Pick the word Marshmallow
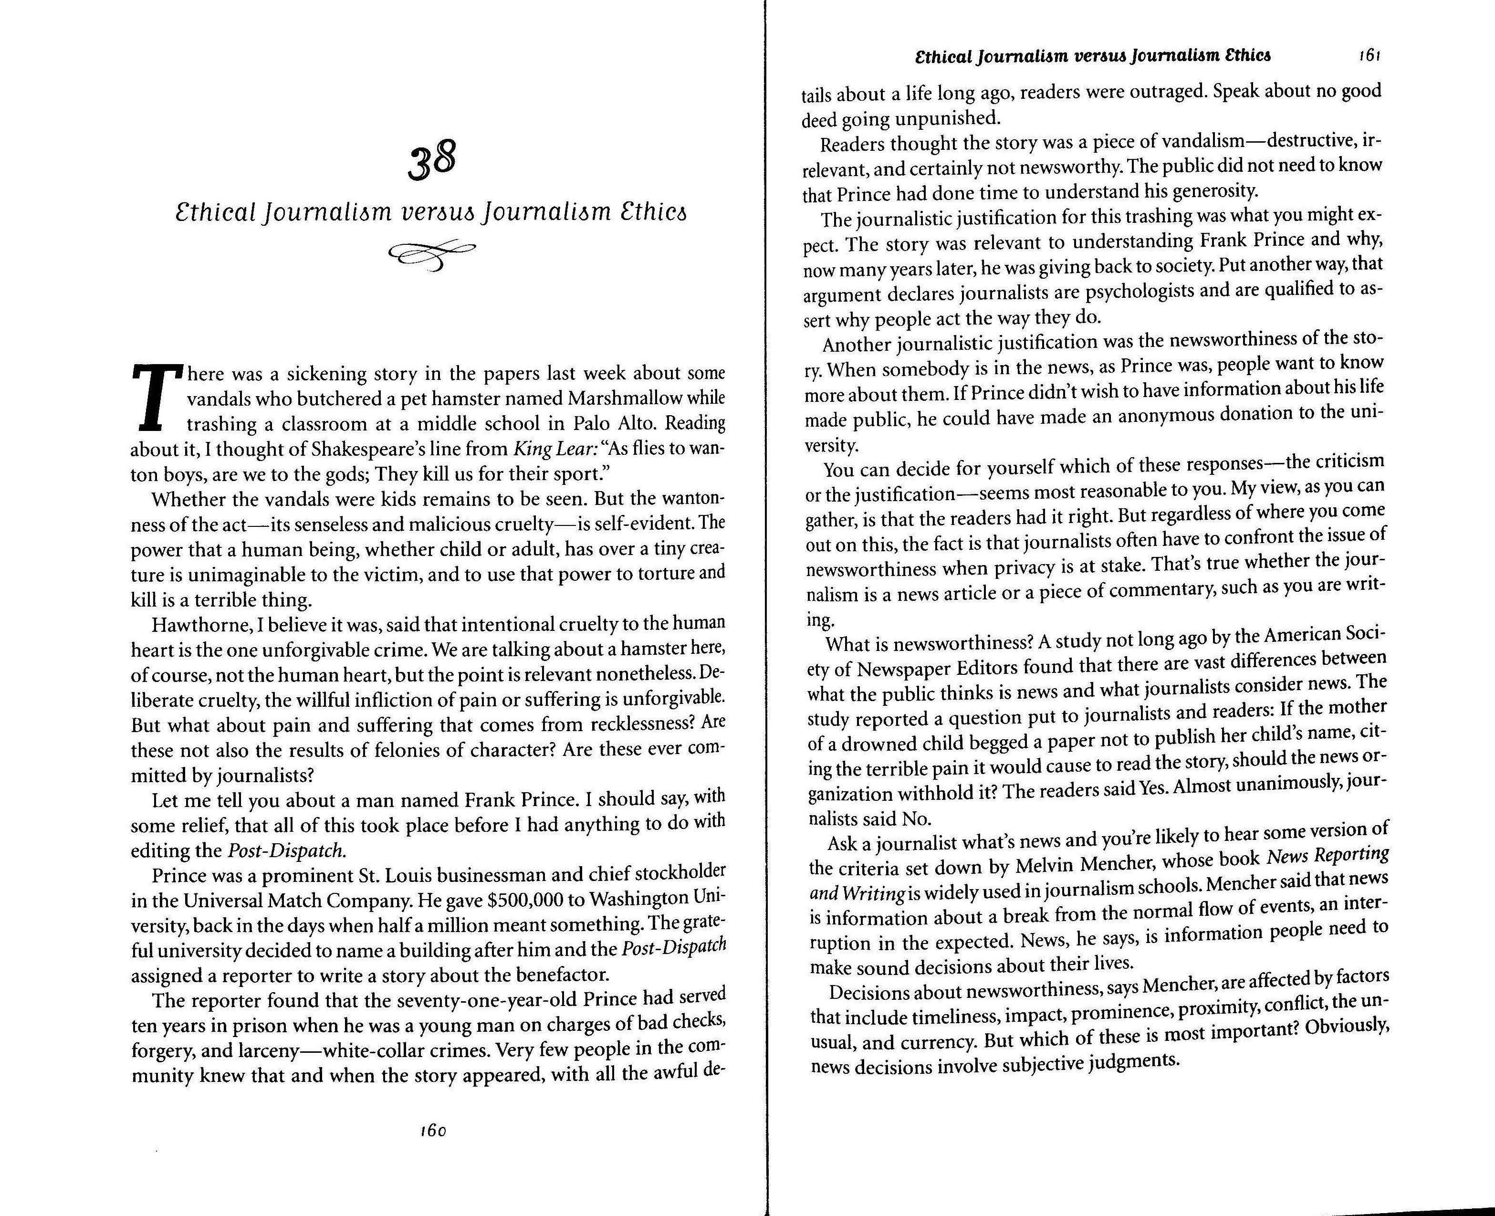(625, 398)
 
